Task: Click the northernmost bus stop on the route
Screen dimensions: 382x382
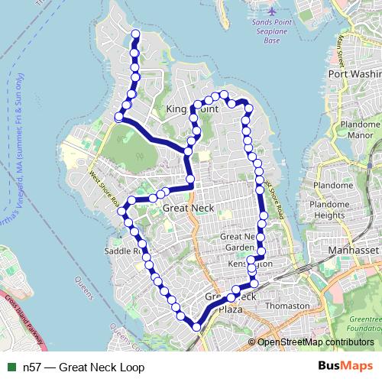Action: [135, 34]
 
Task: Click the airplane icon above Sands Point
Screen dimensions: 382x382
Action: [274, 11]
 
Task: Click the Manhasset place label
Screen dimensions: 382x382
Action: [353, 250]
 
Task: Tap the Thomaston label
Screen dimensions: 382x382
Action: [286, 306]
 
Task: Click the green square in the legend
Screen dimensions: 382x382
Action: [11, 367]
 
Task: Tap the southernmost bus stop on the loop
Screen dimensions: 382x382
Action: [196, 327]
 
